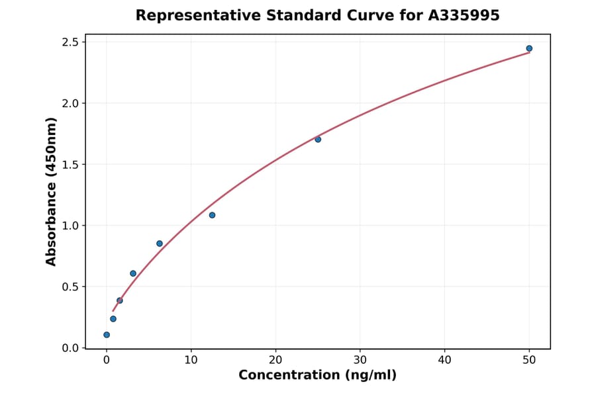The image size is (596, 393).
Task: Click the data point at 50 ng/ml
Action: [529, 48]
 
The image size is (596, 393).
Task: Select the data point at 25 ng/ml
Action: [318, 140]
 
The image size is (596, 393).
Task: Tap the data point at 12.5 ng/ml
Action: [212, 215]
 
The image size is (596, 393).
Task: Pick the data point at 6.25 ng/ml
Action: [160, 243]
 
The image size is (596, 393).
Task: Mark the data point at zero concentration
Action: [107, 335]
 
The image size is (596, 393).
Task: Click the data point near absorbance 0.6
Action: [133, 273]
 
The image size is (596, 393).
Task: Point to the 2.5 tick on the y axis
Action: [70, 42]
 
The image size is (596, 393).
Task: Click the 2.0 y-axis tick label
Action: [70, 103]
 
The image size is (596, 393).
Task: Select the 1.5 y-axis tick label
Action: [70, 165]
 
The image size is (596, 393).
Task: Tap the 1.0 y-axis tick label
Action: [70, 226]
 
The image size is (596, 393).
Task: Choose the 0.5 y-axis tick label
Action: [70, 287]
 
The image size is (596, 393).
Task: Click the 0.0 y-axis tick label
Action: [70, 348]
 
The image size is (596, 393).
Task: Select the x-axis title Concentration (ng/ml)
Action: [317, 376]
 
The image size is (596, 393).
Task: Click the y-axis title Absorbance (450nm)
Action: [52, 192]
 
